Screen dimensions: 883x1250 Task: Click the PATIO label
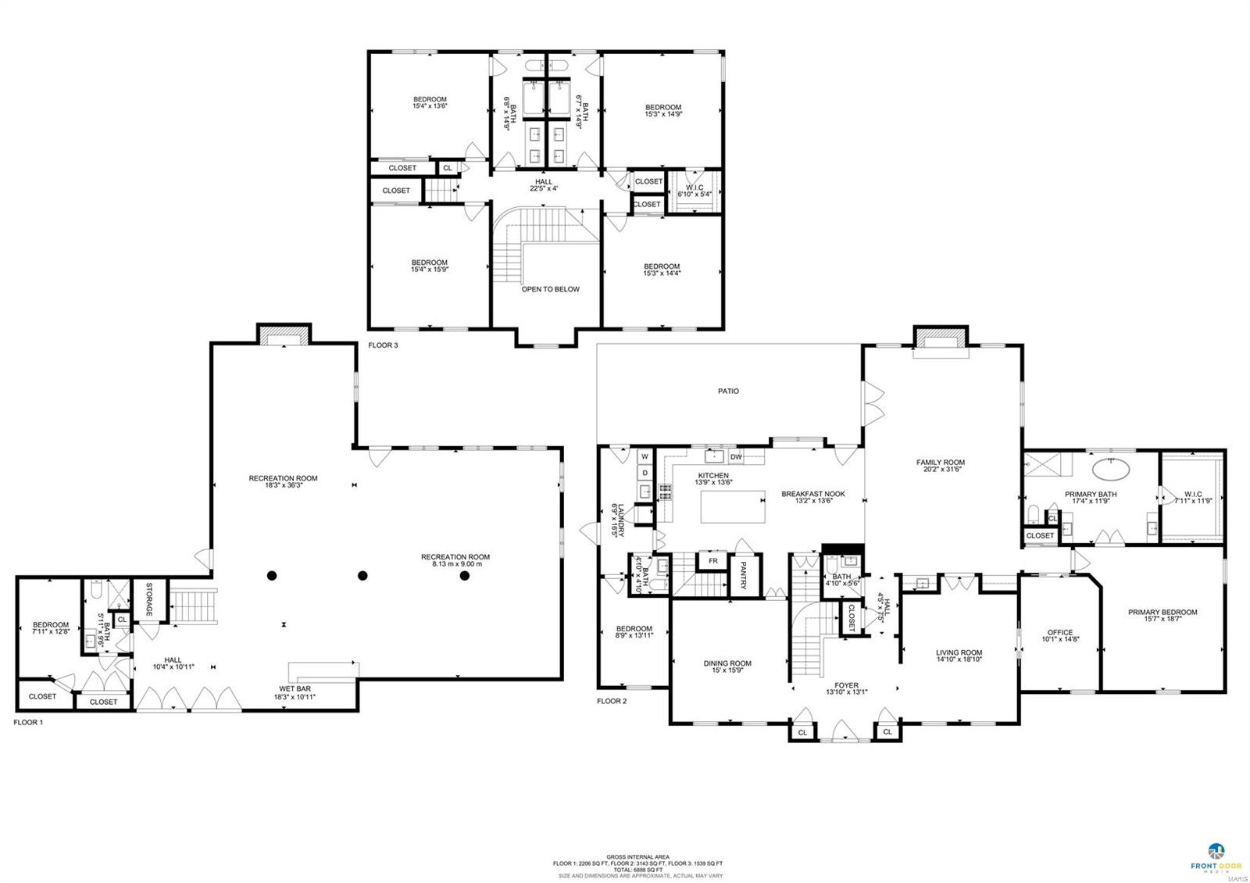(x=728, y=391)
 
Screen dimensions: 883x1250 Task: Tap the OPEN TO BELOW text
(x=550, y=289)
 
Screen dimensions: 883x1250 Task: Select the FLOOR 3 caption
(x=383, y=345)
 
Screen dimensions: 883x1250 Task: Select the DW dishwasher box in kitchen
(x=735, y=457)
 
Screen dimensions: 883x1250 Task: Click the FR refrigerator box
(x=712, y=561)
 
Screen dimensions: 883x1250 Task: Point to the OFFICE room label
(x=1059, y=632)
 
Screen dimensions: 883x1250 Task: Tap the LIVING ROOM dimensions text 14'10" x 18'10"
(x=959, y=660)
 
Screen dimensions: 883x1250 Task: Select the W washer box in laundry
(x=645, y=456)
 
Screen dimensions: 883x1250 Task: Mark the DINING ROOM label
(x=727, y=663)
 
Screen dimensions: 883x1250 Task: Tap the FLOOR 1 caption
(x=28, y=723)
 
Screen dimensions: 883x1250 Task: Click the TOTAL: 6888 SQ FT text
(x=637, y=870)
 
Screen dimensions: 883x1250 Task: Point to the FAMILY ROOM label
(x=941, y=462)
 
